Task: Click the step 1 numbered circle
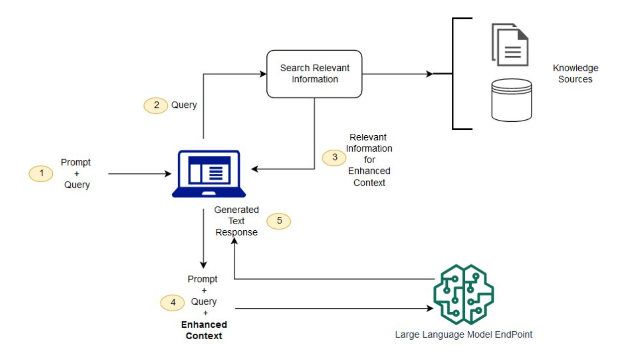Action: (x=41, y=174)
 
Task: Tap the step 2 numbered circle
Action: (x=156, y=105)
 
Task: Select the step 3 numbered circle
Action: (x=334, y=158)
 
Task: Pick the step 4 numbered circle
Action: (x=172, y=302)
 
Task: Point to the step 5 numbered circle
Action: (x=279, y=221)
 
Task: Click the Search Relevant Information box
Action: (x=314, y=74)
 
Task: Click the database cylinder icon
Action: (x=511, y=100)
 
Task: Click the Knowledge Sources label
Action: (x=575, y=74)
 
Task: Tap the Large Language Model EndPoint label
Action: (x=463, y=335)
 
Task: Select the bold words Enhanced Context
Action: (x=204, y=330)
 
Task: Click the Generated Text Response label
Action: (x=236, y=221)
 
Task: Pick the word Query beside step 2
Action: (x=184, y=105)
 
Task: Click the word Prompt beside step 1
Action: (x=76, y=163)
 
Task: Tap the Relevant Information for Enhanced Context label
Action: (x=369, y=160)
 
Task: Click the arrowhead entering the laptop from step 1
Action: (x=168, y=174)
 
